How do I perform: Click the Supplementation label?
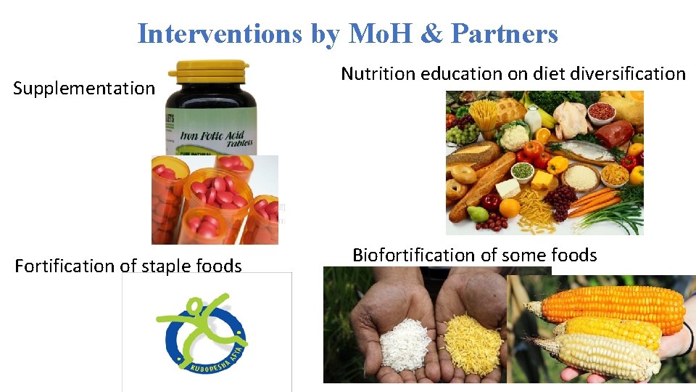pos(84,89)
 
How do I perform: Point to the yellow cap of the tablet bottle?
pos(209,71)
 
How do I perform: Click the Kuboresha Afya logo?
pos(206,332)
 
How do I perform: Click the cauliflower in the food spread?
pos(514,136)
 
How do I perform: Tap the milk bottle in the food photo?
pos(534,117)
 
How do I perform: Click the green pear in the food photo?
pos(478,213)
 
